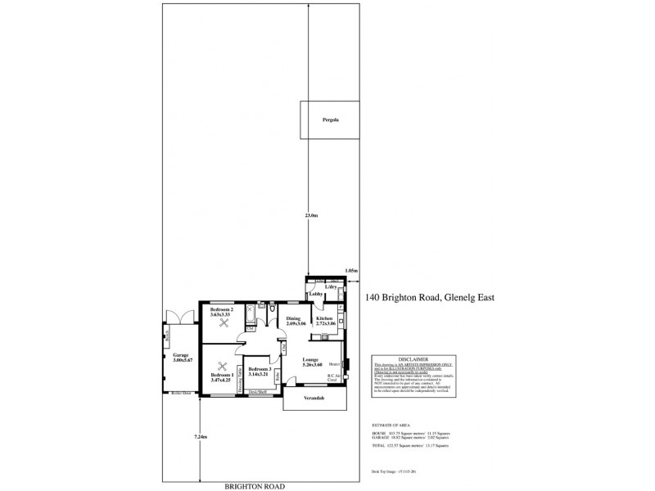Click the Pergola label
pyautogui.click(x=329, y=120)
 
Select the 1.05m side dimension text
pyautogui.click(x=352, y=270)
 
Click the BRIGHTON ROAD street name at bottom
pyautogui.click(x=255, y=486)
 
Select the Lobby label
pyautogui.click(x=314, y=295)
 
